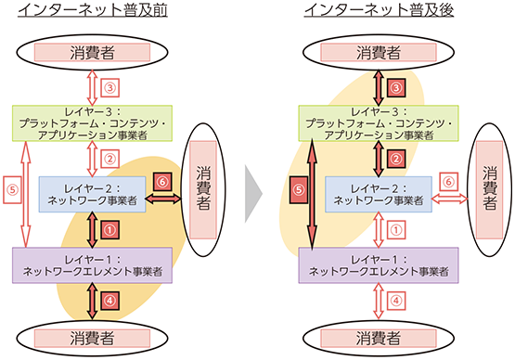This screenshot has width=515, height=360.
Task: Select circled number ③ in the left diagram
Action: (110, 88)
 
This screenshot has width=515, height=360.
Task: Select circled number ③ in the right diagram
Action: (396, 88)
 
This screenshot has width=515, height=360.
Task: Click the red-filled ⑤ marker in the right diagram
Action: (298, 189)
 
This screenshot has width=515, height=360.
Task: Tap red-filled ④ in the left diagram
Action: (110, 300)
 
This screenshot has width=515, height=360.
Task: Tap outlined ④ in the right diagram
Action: (396, 300)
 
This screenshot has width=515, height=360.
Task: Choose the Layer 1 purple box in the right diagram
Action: (379, 264)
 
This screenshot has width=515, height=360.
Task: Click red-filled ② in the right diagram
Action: (396, 158)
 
